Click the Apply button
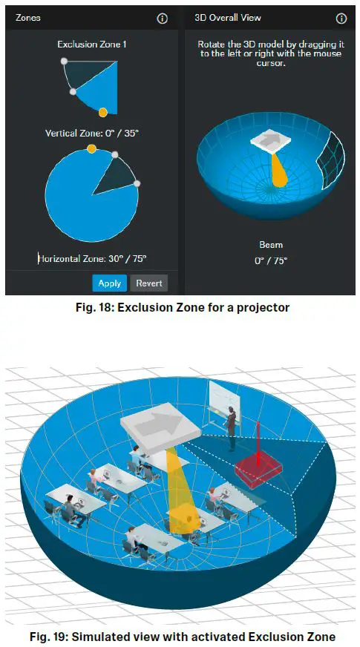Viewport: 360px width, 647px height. [109, 283]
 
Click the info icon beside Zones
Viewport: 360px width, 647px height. [163, 19]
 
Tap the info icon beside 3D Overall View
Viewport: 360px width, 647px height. [341, 19]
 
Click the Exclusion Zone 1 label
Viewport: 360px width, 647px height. [92, 45]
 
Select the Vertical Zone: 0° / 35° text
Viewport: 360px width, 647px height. [92, 133]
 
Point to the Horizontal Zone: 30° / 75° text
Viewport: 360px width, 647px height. [93, 258]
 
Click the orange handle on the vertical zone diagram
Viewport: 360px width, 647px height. [103, 112]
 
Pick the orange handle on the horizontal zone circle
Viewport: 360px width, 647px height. [91, 149]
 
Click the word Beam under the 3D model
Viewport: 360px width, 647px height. [271, 245]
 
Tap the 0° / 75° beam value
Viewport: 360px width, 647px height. [271, 260]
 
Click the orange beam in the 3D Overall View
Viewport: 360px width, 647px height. [279, 171]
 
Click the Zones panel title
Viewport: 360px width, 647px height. [28, 18]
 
